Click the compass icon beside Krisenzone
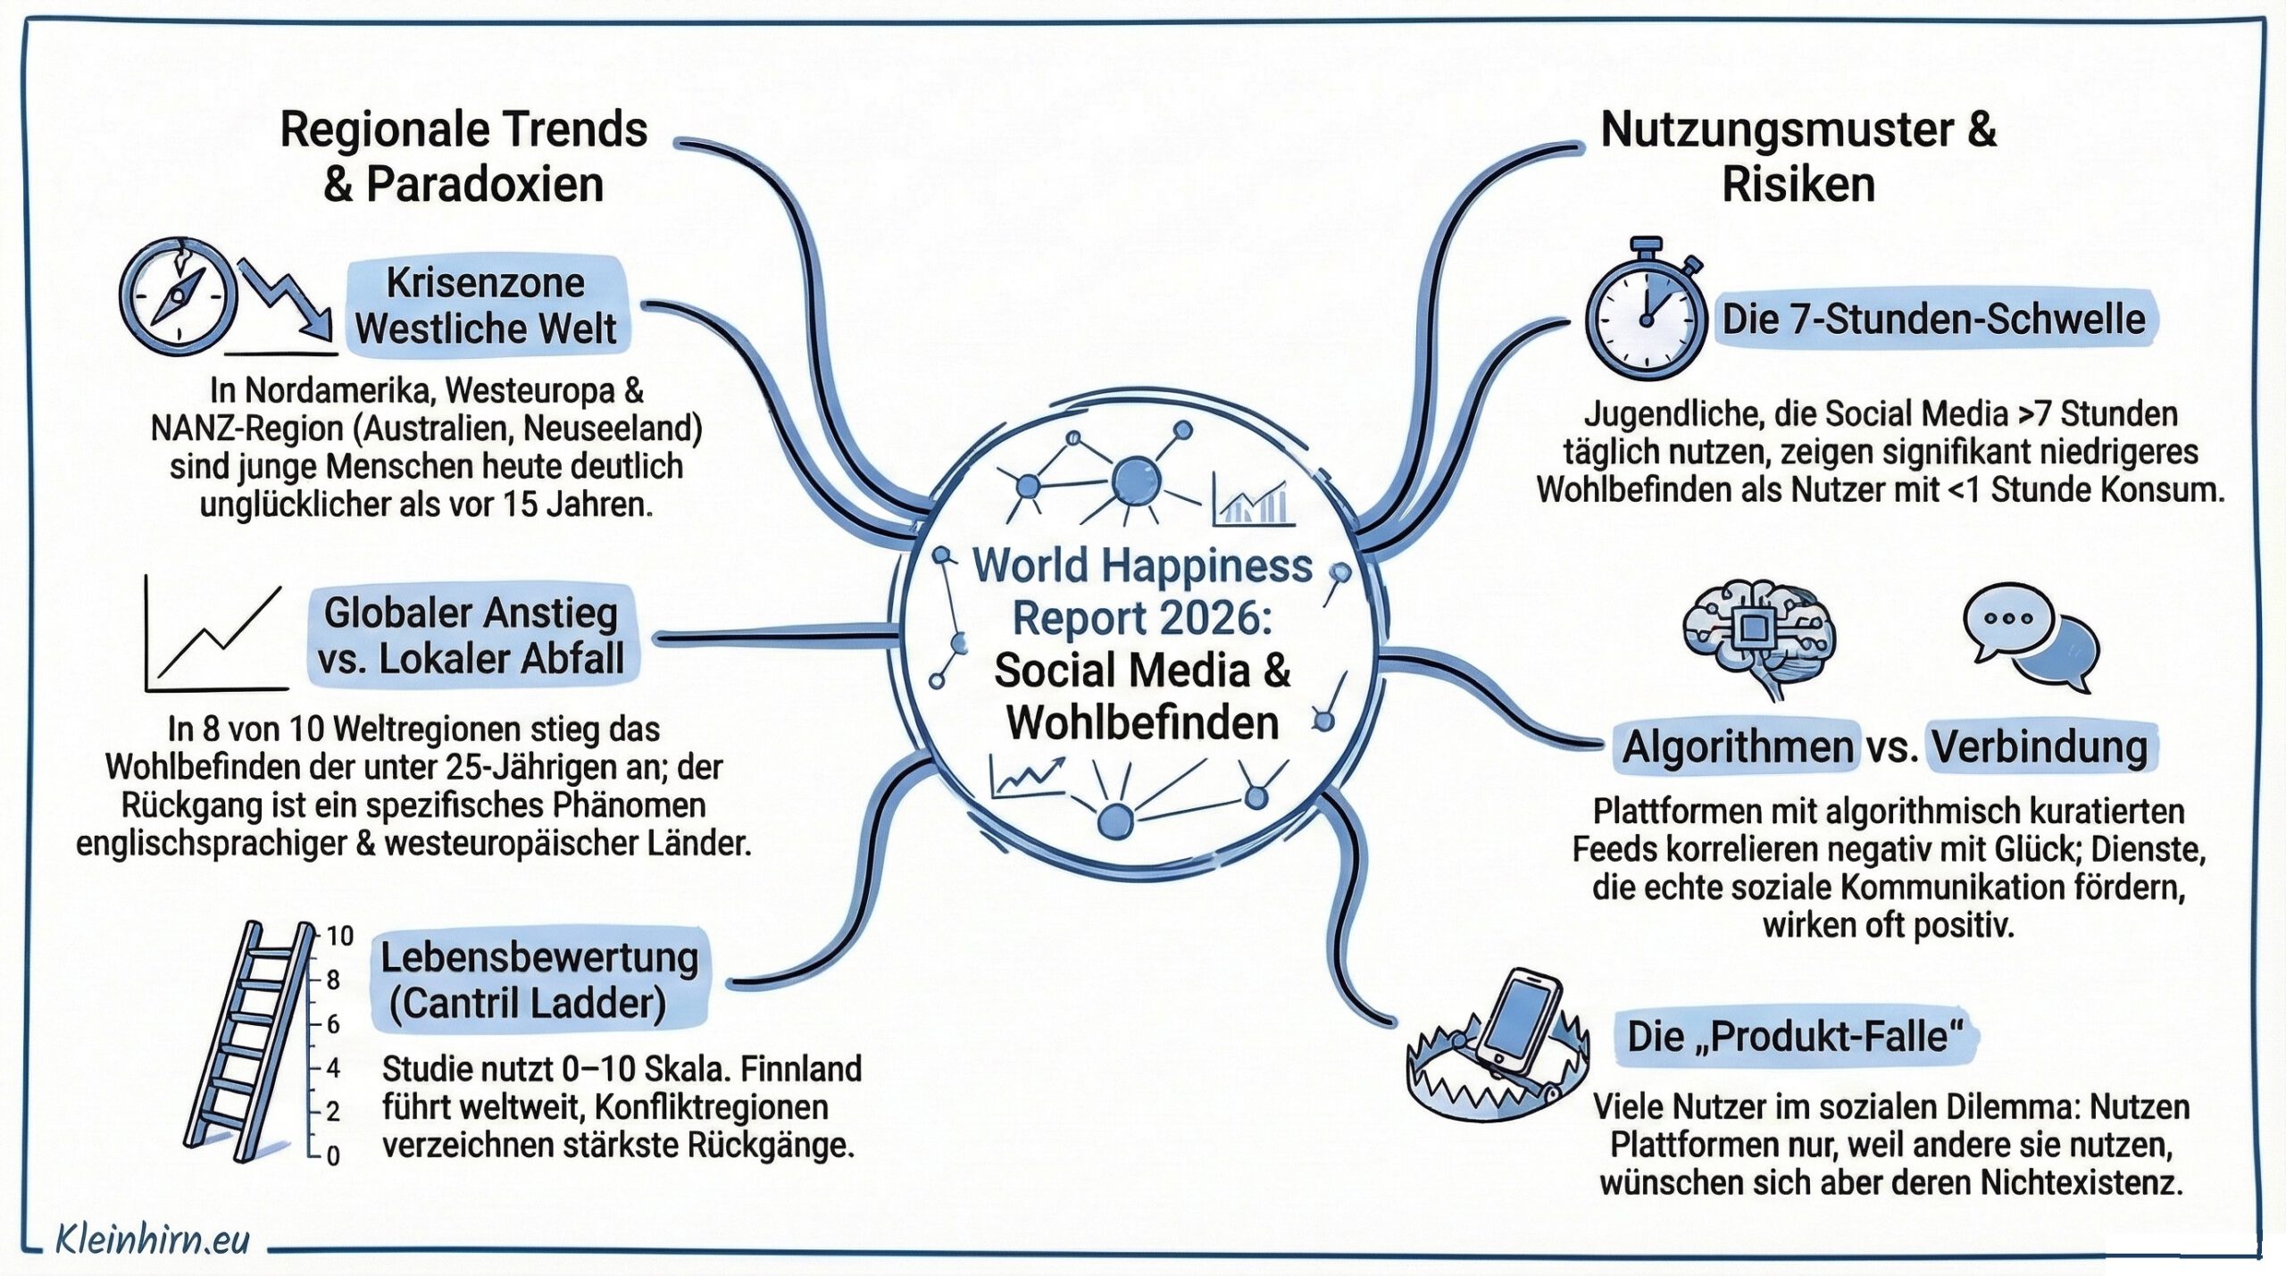(178, 297)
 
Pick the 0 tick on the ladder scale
(332, 1155)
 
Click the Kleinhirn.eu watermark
(152, 1239)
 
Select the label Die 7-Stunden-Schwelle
(1933, 320)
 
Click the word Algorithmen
(1737, 746)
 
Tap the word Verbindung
(2040, 746)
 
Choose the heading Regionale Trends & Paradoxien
(463, 157)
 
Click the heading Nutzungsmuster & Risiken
(1798, 157)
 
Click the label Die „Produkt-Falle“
(1795, 1037)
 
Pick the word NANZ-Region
(247, 429)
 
